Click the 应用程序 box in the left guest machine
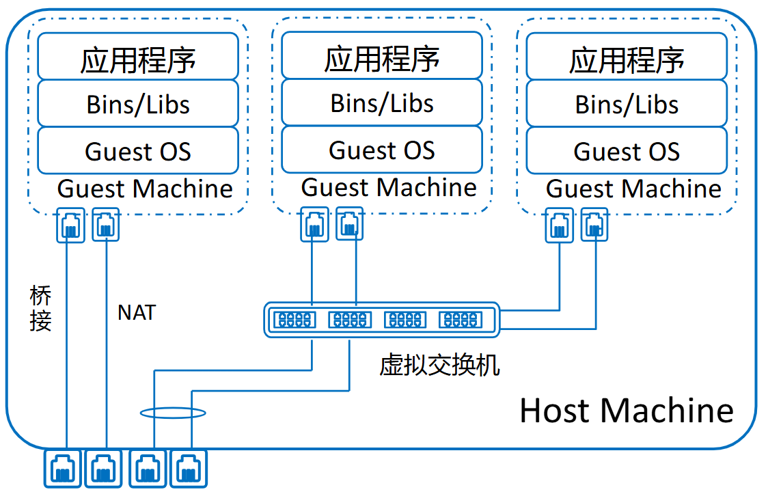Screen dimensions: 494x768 [138, 57]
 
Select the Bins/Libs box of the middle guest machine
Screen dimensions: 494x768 [382, 102]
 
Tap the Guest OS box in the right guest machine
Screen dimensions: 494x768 [627, 150]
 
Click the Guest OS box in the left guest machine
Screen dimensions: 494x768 [138, 150]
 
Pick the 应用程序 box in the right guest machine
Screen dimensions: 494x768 [627, 59]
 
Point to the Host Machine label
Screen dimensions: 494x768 [626, 410]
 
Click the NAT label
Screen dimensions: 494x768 [137, 312]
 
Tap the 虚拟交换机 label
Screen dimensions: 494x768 [439, 366]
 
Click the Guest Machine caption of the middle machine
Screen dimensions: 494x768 [389, 187]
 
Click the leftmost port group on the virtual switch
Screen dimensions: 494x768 [294, 319]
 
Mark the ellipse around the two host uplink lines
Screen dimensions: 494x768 [173, 413]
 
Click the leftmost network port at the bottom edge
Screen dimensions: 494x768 [63, 469]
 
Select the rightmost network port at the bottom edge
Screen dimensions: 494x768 [188, 469]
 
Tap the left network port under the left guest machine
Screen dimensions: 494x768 [70, 225]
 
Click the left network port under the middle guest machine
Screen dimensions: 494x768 [314, 225]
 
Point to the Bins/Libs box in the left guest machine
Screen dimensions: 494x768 [138, 104]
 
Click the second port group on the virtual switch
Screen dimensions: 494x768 [350, 319]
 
